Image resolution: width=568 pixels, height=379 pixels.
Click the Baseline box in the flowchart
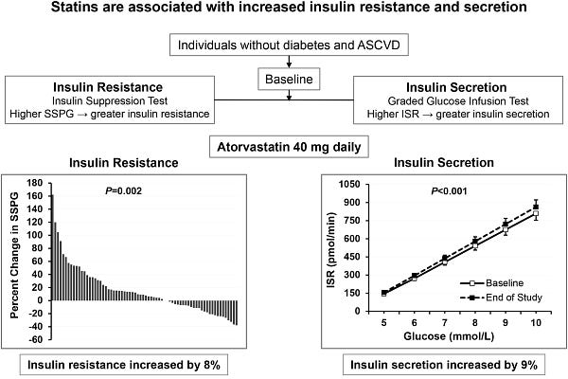(289, 79)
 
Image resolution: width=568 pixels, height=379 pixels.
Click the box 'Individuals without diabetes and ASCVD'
(289, 45)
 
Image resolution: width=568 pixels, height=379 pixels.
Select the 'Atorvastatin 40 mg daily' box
(289, 147)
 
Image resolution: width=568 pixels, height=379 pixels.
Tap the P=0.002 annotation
(123, 190)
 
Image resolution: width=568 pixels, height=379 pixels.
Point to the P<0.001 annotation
(449, 190)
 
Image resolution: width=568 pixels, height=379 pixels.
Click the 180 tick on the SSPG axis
(35, 183)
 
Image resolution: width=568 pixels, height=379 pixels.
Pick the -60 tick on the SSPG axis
(35, 340)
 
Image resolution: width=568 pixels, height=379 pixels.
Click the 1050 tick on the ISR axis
(349, 184)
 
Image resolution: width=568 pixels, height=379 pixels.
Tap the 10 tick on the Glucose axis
(536, 322)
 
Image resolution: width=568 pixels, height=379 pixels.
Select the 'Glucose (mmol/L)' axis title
(449, 336)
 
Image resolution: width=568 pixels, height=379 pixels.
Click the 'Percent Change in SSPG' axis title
(14, 255)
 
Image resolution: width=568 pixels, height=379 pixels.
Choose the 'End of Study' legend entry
(502, 298)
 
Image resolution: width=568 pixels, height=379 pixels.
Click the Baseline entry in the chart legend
(492, 283)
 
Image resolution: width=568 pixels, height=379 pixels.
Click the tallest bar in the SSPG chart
(52, 247)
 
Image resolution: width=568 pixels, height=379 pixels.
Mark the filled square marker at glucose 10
(536, 208)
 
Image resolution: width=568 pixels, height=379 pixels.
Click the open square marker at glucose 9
(506, 229)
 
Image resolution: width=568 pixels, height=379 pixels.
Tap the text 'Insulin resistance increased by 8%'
(124, 365)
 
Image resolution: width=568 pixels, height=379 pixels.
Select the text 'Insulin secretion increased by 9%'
(444, 365)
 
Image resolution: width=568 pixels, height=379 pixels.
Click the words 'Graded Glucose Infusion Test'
(458, 100)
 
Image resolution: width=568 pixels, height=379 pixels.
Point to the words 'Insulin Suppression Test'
(110, 100)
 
